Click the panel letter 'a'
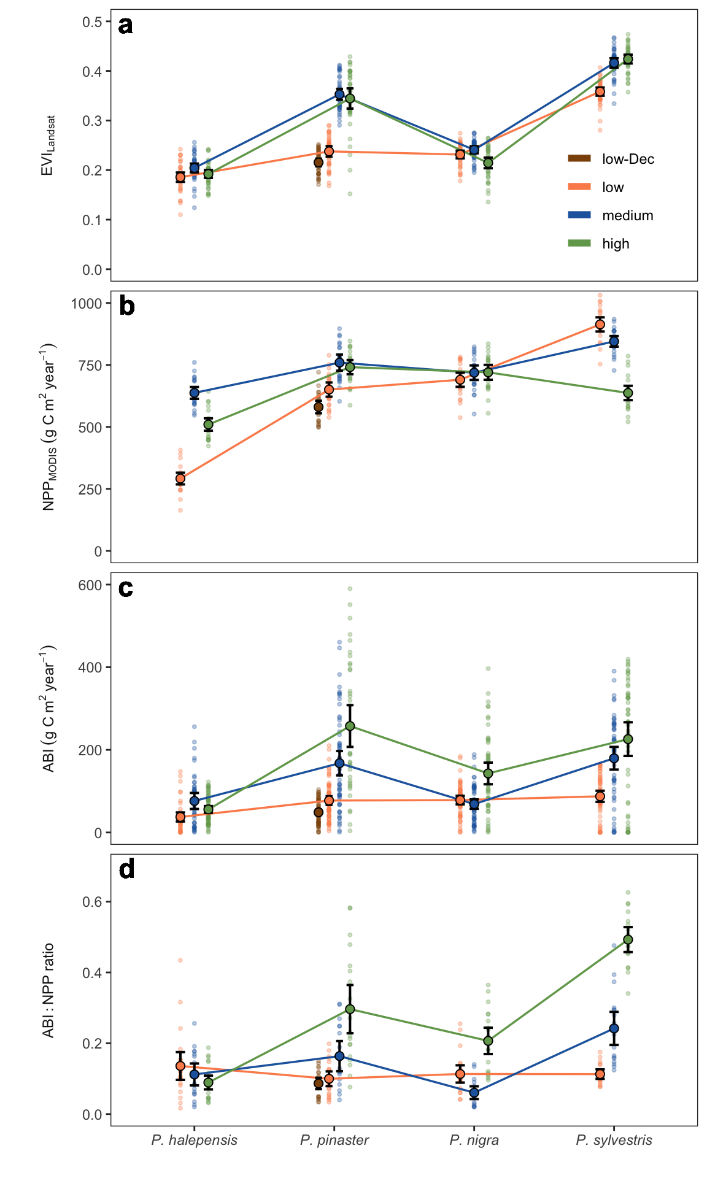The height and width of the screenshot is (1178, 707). tap(125, 26)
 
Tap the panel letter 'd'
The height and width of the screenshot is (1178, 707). tap(126, 869)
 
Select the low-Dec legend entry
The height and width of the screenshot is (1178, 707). tap(627, 159)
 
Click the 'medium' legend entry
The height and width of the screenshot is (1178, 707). tap(627, 215)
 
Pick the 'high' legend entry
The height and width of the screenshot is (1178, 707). tap(616, 244)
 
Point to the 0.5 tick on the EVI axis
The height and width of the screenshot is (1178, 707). tap(92, 22)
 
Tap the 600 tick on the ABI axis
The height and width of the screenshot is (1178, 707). tap(90, 585)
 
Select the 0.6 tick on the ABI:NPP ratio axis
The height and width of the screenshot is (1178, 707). tap(92, 902)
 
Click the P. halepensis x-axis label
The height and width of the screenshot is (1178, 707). tap(194, 1141)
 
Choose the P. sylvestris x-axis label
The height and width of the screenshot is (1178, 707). tap(614, 1141)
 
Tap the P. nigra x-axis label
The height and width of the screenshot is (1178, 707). tap(474, 1141)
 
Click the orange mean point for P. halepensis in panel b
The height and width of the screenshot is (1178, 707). tap(180, 479)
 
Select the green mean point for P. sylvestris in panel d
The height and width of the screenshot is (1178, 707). tap(628, 940)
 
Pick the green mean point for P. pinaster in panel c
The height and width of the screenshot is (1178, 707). tap(350, 726)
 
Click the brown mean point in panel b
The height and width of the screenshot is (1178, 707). tap(319, 407)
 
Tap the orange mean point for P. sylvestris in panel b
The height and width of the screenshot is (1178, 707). tap(600, 325)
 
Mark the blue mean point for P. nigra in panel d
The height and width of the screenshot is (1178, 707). tap(474, 1093)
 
